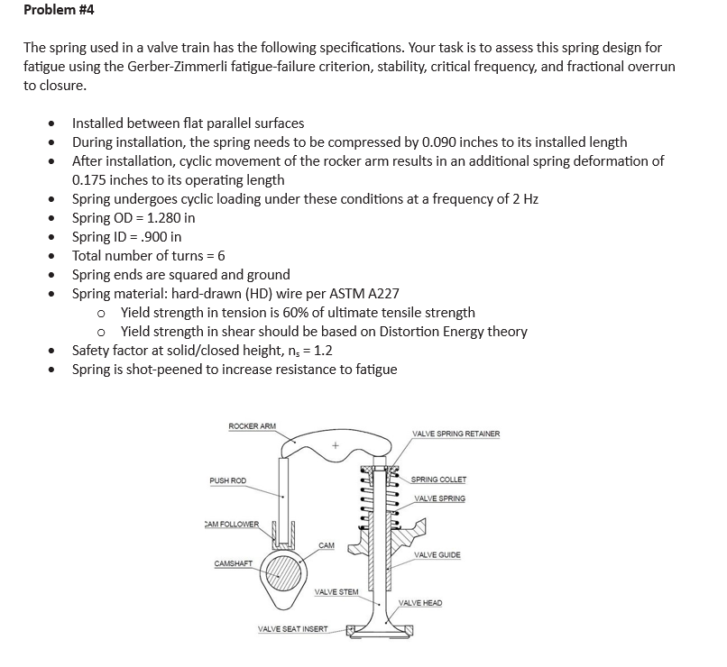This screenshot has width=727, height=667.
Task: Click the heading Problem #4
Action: pos(59,11)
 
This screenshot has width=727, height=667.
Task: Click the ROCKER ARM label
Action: pos(253,425)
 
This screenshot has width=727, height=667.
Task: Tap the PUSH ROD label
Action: pos(227,481)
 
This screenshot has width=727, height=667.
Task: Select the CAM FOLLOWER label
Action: pos(232,524)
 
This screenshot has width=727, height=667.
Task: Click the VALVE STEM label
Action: pos(336,592)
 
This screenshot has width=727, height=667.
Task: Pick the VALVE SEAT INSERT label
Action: pos(293,629)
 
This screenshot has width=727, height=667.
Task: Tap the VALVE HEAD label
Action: pos(420,602)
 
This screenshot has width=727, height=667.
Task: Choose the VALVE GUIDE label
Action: pos(437,555)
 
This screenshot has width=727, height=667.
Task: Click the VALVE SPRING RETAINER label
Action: pos(456,434)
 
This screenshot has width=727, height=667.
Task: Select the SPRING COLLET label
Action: pos(440,480)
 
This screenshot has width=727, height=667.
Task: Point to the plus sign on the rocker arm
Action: pos(335,445)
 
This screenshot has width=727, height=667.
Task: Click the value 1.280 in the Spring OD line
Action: pos(159,218)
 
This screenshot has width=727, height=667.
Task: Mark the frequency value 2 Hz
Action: pos(522,199)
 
